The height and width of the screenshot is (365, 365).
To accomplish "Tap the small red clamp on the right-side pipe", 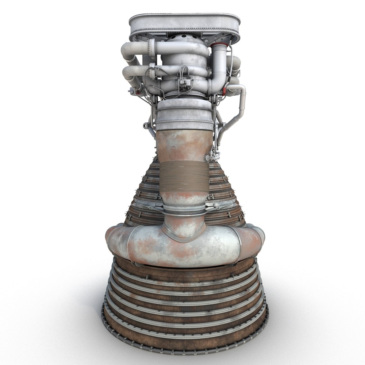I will pos(232,81).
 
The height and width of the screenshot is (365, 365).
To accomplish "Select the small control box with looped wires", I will pos(184,82).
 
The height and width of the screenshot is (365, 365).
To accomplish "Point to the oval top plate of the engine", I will pos(184,24).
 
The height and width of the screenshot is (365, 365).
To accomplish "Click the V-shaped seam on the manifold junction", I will pos(184,233).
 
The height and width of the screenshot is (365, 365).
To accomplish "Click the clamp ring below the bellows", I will pos(184,211).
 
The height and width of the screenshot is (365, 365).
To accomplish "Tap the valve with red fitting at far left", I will pos(133,90).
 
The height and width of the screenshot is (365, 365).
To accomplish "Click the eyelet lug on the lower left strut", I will pos(146,126).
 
